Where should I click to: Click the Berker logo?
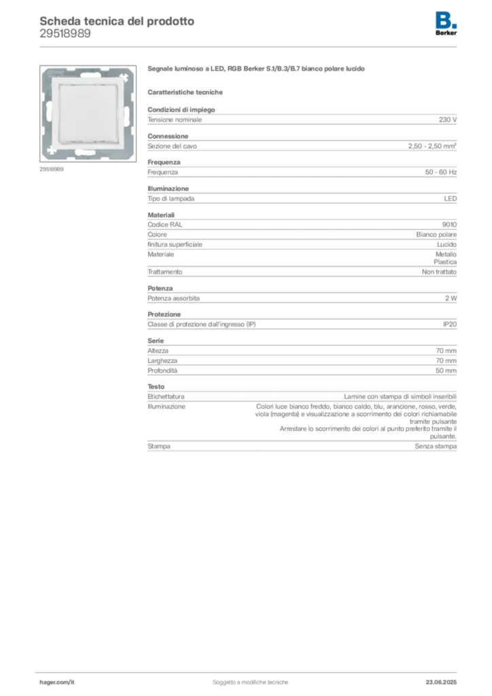(x=446, y=24)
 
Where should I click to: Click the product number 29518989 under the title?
(x=65, y=34)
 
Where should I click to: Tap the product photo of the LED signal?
(x=88, y=114)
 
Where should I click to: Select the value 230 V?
(x=448, y=120)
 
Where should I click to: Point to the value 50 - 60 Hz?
(x=440, y=172)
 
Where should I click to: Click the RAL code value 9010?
(x=449, y=224)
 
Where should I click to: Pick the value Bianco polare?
(x=436, y=234)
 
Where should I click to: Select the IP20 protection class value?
(x=450, y=324)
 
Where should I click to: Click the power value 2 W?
(x=451, y=298)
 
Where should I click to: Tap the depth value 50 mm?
(x=446, y=370)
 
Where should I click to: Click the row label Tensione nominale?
(x=175, y=120)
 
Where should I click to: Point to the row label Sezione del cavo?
(x=172, y=146)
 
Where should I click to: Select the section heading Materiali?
(x=161, y=215)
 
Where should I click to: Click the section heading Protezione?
(x=164, y=314)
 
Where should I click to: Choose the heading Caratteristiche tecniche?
(x=185, y=92)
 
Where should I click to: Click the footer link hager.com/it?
(x=57, y=682)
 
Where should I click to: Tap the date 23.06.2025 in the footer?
(x=441, y=682)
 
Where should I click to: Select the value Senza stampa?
(x=436, y=447)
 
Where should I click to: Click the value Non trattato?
(x=439, y=272)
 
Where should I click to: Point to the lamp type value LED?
(x=451, y=199)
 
